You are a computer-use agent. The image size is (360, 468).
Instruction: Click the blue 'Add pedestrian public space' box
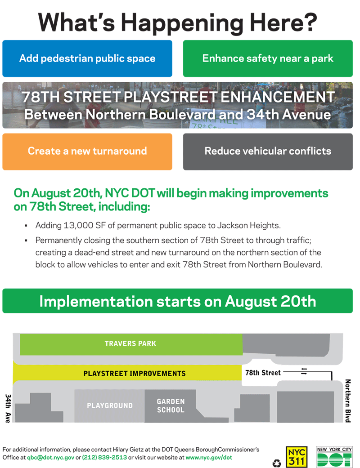pos(87,58)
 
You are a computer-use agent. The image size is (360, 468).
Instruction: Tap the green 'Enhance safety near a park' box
pos(268,58)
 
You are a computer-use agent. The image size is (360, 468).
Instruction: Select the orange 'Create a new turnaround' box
pos(87,152)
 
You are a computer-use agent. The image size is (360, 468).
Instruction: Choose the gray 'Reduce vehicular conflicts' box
pos(268,152)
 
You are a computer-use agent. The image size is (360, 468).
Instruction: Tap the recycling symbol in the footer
pos(277,463)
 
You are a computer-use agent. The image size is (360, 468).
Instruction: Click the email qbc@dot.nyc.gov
pos(50,458)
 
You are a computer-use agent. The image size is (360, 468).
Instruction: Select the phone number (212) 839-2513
pos(104,458)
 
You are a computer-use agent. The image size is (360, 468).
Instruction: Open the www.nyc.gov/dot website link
pos(209,458)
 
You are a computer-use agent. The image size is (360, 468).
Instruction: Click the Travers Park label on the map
pos(130,343)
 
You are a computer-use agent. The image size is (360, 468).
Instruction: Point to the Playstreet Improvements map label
pos(135,374)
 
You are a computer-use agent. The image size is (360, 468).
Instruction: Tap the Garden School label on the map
pos(171,406)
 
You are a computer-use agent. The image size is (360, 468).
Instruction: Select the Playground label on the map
pos(110,406)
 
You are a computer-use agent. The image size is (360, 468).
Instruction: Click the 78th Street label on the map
pos(263,373)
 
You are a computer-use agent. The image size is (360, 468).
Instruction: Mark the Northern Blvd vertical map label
pos(348,401)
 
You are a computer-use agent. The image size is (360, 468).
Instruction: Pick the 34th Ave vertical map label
pos(8,409)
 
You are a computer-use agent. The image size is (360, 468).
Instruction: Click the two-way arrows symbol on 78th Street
pos(304,372)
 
